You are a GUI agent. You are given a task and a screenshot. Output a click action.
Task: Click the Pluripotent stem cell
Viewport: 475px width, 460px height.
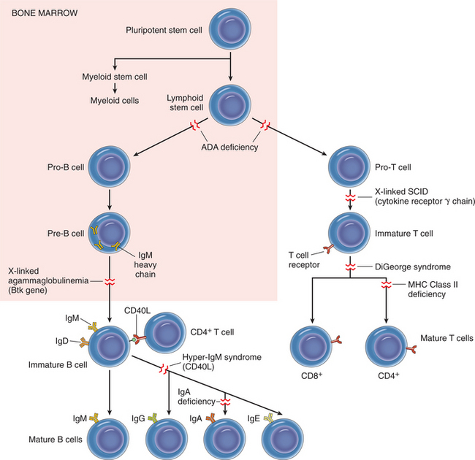(x=231, y=31)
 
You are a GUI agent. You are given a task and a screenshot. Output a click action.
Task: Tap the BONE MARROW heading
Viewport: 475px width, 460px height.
(x=34, y=13)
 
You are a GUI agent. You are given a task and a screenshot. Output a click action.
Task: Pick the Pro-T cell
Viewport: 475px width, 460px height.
(x=350, y=167)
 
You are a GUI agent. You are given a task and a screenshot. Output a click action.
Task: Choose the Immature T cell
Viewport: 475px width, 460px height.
(x=350, y=234)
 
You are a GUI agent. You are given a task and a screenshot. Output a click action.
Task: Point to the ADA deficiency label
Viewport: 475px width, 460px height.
(x=230, y=146)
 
